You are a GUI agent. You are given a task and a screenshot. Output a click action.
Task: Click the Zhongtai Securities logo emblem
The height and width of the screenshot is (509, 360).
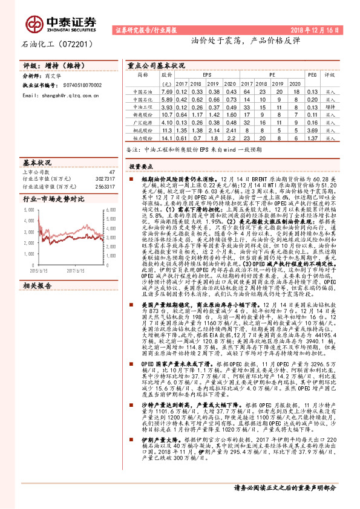(x=34, y=24)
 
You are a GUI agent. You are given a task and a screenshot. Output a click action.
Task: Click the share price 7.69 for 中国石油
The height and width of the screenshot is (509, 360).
(x=167, y=91)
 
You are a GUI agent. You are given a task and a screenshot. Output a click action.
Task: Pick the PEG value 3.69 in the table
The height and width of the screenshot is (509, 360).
(x=312, y=130)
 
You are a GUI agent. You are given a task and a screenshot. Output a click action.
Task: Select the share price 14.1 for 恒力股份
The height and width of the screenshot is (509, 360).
(x=167, y=140)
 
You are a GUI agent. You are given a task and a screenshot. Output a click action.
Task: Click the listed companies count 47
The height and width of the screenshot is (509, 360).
(x=111, y=172)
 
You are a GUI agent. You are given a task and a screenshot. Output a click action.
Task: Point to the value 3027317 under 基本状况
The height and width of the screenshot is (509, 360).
(x=105, y=179)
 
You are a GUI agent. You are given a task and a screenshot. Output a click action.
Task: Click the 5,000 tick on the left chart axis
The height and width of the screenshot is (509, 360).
(x=28, y=209)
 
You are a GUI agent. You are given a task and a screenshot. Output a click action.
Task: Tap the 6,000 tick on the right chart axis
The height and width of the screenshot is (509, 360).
(x=110, y=209)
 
